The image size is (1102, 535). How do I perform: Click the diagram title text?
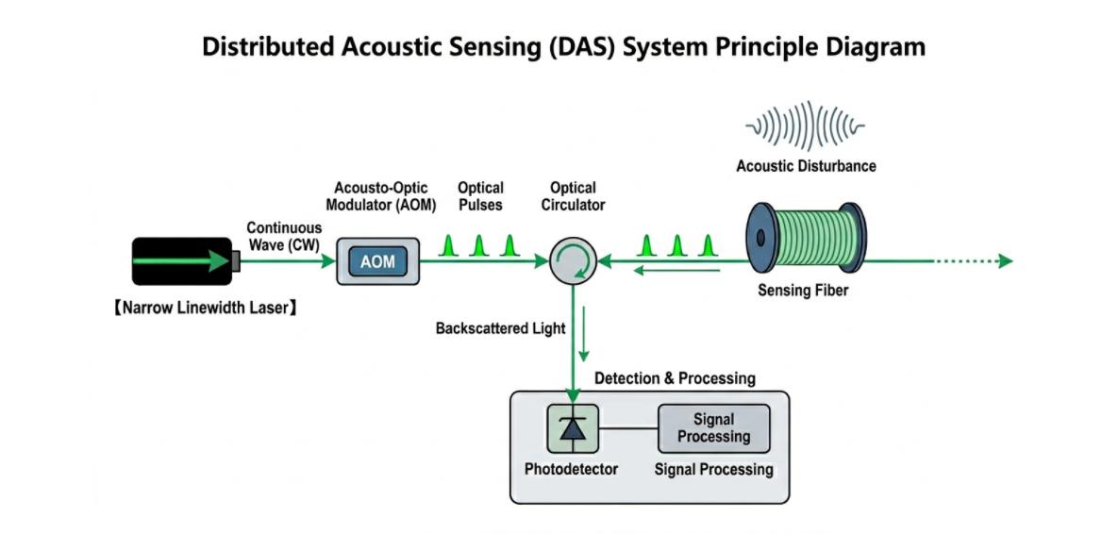563,46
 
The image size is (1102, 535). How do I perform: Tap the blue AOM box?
377,261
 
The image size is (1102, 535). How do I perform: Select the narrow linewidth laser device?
183,261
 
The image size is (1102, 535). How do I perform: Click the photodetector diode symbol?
573,428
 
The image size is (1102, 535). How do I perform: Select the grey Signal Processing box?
713,428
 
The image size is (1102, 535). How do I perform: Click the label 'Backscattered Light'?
500,328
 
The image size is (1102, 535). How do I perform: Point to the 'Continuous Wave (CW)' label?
284,236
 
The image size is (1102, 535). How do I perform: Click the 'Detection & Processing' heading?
675,378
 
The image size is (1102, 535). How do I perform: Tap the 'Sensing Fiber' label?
803,291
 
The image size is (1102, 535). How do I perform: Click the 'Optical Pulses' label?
480,196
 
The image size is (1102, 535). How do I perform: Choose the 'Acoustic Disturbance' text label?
806,166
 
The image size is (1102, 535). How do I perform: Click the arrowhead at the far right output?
1006,261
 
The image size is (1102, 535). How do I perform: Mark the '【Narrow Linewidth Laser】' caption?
204,307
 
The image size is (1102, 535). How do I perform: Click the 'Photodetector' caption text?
571,469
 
